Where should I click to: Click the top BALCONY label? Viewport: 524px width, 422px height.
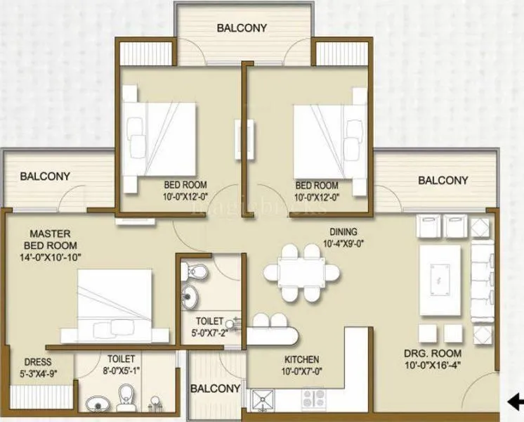(242, 29)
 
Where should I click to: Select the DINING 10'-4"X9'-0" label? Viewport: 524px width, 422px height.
(342, 238)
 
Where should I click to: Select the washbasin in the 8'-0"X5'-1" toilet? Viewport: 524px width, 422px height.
(96, 404)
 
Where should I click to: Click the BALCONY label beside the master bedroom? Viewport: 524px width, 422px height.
(44, 177)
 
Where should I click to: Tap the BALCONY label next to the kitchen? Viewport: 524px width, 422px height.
(216, 388)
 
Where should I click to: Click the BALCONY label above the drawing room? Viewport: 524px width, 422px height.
(443, 181)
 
